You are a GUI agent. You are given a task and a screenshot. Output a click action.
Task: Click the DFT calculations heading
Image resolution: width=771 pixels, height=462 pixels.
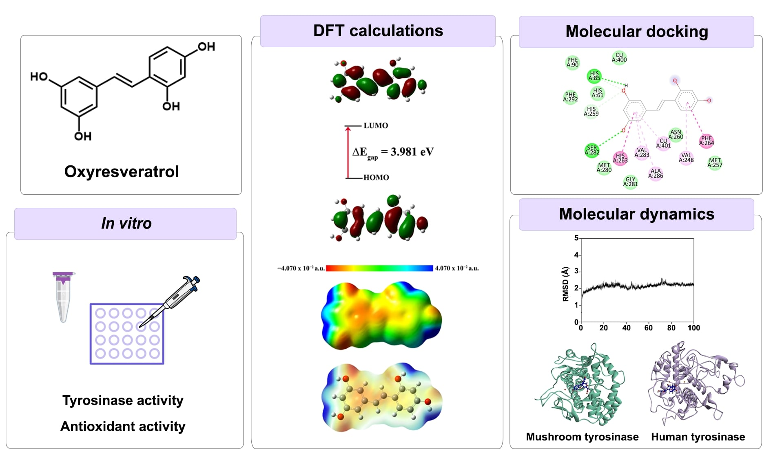(378, 31)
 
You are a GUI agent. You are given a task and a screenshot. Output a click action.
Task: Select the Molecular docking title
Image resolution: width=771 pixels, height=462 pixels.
(636, 32)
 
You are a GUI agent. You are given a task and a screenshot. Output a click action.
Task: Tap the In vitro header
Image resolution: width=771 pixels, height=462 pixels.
(126, 223)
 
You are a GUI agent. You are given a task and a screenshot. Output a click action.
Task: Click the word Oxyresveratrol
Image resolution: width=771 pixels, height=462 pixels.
(122, 172)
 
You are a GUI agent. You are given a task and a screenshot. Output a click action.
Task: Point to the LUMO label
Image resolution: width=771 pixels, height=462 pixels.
(376, 125)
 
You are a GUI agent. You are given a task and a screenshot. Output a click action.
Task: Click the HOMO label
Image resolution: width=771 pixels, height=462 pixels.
(376, 177)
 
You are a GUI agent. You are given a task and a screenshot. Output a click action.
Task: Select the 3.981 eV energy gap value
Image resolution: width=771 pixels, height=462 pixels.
(412, 152)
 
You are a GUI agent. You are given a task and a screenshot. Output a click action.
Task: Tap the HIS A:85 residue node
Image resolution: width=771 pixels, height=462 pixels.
(594, 76)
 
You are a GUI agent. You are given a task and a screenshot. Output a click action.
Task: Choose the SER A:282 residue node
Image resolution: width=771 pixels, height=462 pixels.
(592, 150)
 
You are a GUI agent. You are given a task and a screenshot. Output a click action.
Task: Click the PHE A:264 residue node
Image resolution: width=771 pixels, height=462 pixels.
(707, 141)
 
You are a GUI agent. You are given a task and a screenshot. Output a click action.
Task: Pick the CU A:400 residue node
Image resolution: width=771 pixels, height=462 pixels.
(619, 57)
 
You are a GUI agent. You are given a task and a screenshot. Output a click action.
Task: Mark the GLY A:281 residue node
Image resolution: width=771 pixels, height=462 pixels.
(630, 182)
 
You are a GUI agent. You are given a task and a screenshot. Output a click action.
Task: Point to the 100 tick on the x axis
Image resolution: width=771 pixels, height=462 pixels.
(693, 328)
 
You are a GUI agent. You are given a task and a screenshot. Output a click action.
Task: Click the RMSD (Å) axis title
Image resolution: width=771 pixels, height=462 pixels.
(565, 284)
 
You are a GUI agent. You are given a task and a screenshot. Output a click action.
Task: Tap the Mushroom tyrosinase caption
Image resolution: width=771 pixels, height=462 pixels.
(582, 437)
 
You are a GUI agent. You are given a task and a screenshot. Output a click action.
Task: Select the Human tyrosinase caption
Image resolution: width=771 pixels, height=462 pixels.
(698, 437)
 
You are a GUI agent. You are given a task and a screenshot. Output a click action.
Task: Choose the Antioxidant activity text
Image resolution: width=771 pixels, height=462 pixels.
(123, 426)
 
